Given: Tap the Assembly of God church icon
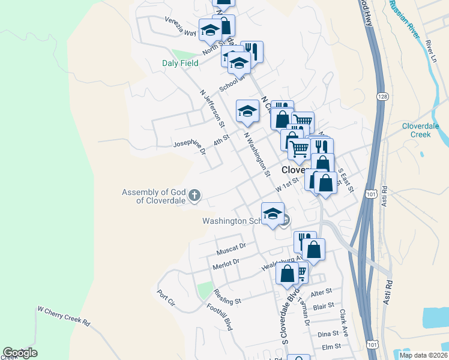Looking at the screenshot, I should tap(194, 195).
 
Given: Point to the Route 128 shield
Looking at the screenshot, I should tap(382, 96).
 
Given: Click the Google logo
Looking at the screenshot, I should tap(20, 353).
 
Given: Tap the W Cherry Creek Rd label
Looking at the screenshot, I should tap(64, 316).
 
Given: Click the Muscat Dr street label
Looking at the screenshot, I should tap(232, 247).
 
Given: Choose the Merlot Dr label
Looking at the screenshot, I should tap(226, 262).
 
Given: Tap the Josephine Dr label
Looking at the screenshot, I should tap(190, 147).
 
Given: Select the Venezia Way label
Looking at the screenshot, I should tap(181, 26).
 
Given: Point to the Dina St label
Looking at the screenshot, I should tap(328, 334).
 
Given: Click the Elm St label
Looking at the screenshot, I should tap(331, 346).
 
